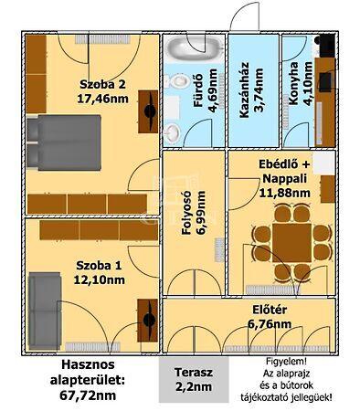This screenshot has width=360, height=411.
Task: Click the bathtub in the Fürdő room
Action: pos(194,48)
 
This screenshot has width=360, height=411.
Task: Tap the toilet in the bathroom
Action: pos(178,81)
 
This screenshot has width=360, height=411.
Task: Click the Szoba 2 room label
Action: pos(102,84)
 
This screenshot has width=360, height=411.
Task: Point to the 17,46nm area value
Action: pos(102,99)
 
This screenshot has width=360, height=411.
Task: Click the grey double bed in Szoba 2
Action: pos(64,142)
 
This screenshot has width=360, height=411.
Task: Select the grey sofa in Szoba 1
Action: pos(45,311)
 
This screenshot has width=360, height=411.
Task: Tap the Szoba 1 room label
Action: pos(99,266)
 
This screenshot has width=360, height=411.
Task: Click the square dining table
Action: pos(291,243)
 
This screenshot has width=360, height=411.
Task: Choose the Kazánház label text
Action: pos(244,90)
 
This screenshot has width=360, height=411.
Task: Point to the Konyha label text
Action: pos(294,84)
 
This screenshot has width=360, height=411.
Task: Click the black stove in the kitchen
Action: pos(327,45)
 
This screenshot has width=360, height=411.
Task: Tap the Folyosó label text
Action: pos(186,213)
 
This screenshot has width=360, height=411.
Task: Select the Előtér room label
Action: pos(270,310)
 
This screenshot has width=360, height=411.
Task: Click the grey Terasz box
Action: pos(194,380)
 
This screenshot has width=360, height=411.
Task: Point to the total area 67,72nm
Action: pos(88,395)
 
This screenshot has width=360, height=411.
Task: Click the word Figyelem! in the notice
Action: pos(286,362)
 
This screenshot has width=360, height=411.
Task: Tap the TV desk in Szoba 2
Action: pos(148,111)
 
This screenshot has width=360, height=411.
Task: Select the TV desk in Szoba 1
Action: pos(148,321)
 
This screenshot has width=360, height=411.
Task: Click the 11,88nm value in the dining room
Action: pos(285,193)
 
